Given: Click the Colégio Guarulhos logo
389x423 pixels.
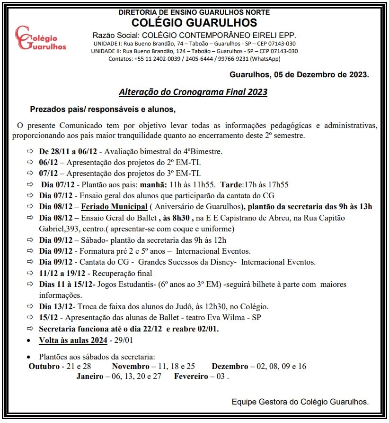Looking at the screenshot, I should click(x=40, y=38).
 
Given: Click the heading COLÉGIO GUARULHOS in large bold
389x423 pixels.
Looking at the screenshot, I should click(x=194, y=22).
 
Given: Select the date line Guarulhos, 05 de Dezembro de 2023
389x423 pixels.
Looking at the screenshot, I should click(x=299, y=74).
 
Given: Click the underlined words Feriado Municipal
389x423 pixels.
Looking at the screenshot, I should click(x=114, y=206).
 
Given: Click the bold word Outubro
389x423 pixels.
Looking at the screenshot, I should click(x=44, y=366).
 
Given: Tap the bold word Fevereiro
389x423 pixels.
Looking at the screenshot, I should click(x=192, y=377).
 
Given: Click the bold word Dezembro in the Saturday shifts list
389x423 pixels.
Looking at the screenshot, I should click(x=230, y=366).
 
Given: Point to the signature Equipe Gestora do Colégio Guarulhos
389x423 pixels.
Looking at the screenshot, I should click(x=300, y=402).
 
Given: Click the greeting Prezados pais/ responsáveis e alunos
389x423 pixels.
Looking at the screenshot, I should click(x=103, y=110).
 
